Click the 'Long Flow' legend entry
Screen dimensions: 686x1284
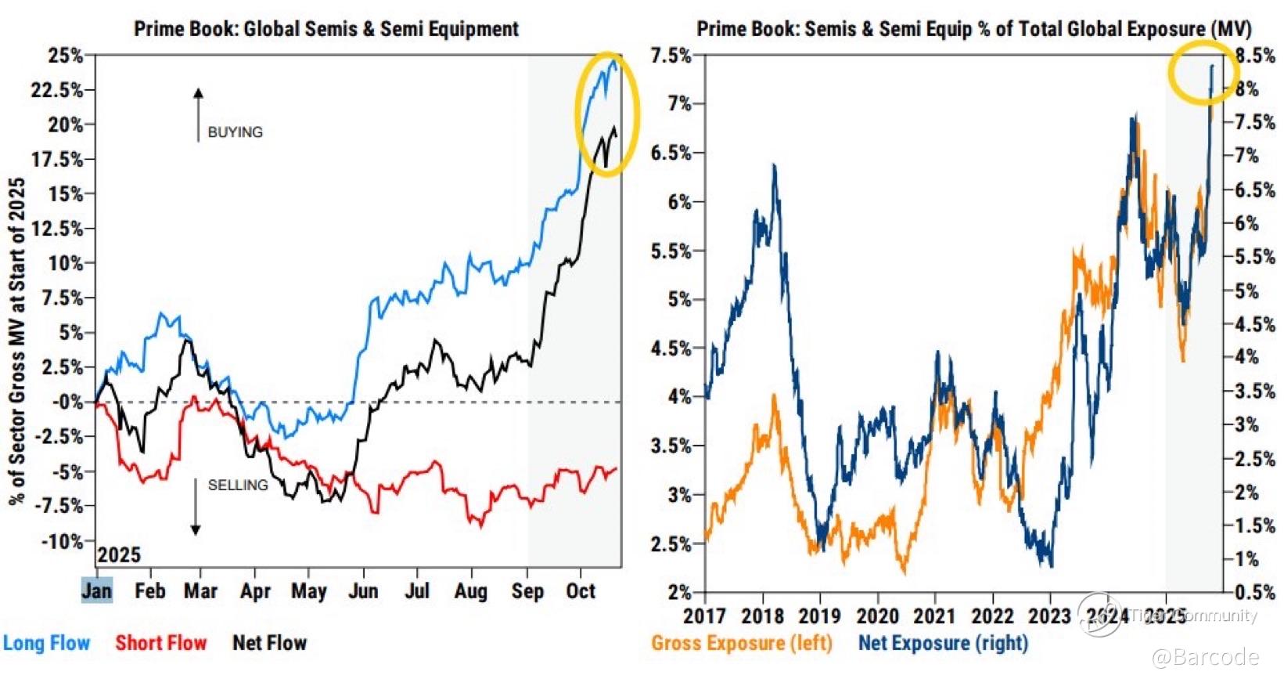coord(47,643)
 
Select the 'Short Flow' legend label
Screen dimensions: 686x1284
coord(161,643)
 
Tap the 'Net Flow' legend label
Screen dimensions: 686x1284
coord(270,643)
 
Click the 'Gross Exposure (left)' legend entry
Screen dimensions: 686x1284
coord(742,643)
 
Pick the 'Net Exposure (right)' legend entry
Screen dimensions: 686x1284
coord(943,643)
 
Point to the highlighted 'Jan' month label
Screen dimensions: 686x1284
coord(97,590)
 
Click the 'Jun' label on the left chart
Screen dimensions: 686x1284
coord(363,590)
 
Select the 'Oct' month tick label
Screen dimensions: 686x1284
coord(581,590)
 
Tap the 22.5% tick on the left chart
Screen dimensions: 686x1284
coord(56,90)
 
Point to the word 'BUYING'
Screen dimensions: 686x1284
coord(236,132)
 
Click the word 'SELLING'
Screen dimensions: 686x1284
coord(238,486)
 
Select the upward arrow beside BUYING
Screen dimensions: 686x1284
coord(198,114)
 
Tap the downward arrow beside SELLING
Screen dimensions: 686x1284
coord(196,507)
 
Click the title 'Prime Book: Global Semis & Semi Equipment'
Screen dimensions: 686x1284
coord(326,29)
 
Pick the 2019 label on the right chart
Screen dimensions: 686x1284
coord(820,616)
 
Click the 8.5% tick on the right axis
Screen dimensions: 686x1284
coord(1254,56)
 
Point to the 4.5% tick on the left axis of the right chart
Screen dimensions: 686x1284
coord(671,348)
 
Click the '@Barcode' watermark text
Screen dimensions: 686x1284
coord(1205,657)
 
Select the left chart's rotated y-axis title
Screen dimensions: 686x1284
coord(17,341)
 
